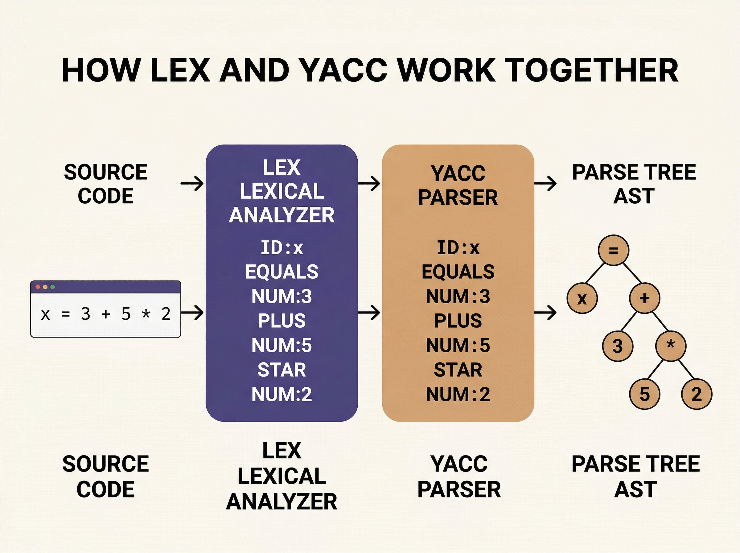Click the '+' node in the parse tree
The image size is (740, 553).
pyautogui.click(x=644, y=298)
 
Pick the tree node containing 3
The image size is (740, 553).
pyautogui.click(x=617, y=346)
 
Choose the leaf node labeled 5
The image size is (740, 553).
pyautogui.click(x=644, y=394)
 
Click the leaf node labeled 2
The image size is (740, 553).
pyautogui.click(x=697, y=394)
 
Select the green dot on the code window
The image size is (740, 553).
pyautogui.click(x=52, y=287)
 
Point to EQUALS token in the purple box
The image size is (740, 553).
pyautogui.click(x=282, y=272)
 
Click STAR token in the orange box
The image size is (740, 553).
pyautogui.click(x=458, y=370)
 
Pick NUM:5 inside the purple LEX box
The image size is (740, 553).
pyautogui.click(x=282, y=345)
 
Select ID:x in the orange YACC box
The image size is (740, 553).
pyautogui.click(x=458, y=248)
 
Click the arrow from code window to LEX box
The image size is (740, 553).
pyautogui.click(x=192, y=313)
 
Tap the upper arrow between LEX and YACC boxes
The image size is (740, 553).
pyautogui.click(x=369, y=183)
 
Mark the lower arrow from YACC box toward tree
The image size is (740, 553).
pyautogui.click(x=545, y=313)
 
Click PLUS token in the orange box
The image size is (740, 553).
pyautogui.click(x=458, y=321)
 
